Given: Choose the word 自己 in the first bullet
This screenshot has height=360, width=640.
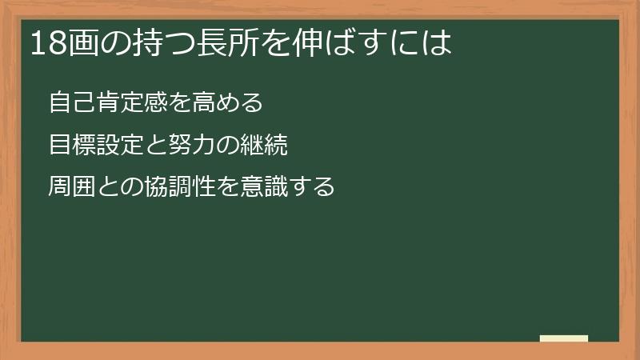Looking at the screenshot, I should pyautogui.click(x=71, y=103).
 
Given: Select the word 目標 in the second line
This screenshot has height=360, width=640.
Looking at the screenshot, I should pyautogui.click(x=71, y=146).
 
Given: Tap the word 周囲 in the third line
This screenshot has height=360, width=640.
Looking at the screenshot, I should pyautogui.click(x=71, y=188).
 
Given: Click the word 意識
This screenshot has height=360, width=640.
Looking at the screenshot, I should pyautogui.click(x=260, y=188).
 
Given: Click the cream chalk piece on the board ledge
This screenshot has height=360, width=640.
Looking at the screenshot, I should pyautogui.click(x=563, y=338).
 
